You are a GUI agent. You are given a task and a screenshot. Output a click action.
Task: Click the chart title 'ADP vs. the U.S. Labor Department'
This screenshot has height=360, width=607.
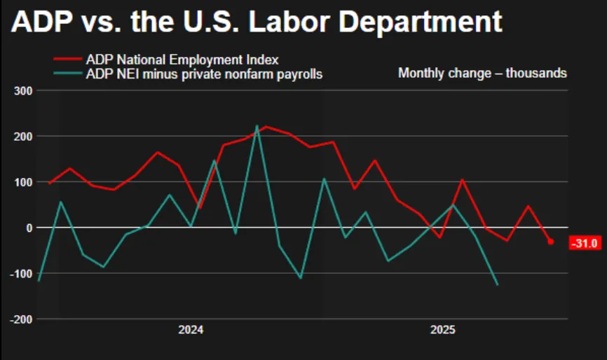tap(257, 22)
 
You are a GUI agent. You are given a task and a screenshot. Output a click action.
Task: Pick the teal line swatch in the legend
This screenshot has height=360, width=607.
tap(67, 74)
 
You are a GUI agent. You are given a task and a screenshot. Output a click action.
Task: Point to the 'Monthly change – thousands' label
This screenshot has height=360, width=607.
tap(482, 73)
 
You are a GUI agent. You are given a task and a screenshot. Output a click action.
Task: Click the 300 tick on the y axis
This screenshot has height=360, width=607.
tap(24, 90)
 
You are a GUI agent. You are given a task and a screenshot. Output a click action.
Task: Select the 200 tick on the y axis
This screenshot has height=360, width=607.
tap(24, 136)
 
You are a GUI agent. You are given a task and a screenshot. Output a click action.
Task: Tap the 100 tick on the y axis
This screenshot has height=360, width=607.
tap(24, 182)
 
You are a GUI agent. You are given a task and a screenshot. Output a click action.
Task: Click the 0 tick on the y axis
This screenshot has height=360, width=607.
tap(29, 228)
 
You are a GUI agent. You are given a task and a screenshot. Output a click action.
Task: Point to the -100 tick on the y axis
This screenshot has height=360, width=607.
tap(22, 273)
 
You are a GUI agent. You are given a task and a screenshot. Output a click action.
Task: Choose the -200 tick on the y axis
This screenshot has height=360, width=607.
tap(22, 319)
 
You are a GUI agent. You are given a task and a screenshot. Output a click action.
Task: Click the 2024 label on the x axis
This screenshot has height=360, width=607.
tap(191, 330)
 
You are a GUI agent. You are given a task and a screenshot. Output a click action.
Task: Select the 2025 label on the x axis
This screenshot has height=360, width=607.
tap(443, 330)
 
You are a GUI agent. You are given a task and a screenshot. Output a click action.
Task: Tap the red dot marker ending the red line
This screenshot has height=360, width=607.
tap(550, 242)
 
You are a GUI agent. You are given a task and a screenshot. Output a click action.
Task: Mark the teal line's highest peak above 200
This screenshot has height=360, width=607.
tap(257, 126)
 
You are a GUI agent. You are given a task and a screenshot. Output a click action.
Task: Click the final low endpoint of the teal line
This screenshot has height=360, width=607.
tap(498, 284)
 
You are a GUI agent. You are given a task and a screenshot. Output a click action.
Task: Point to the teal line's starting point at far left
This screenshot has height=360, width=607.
tap(38, 281)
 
